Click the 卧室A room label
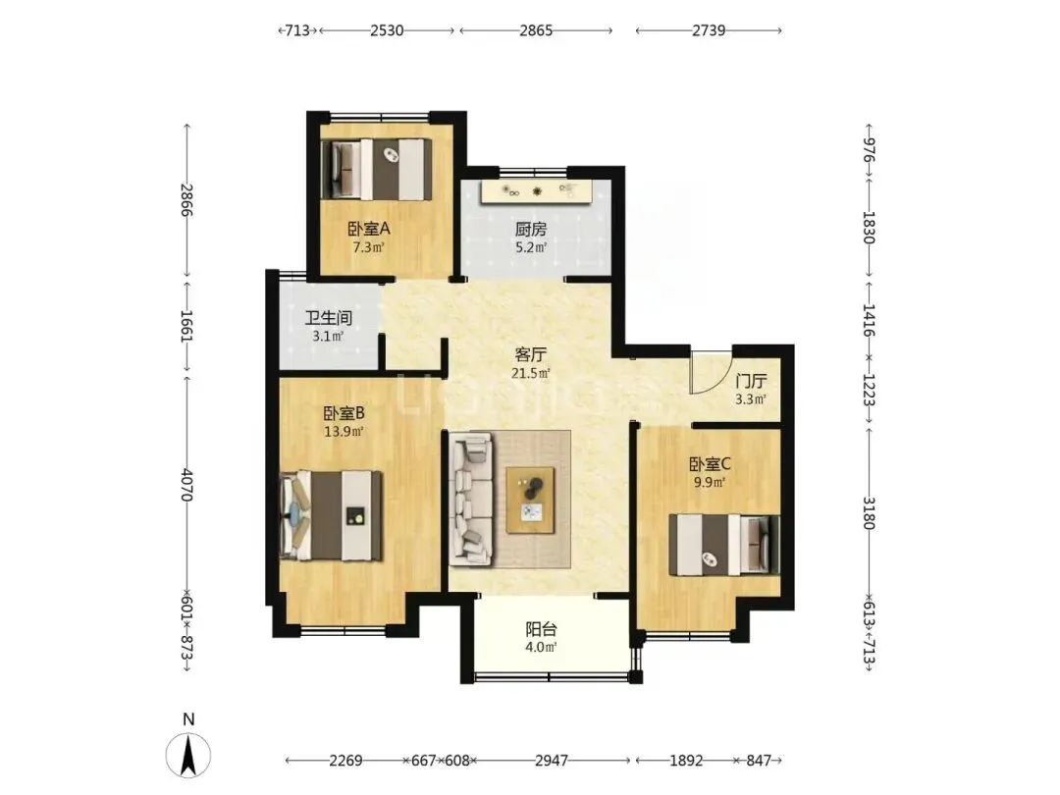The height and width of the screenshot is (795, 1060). [368, 229]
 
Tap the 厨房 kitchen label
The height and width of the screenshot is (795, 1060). [531, 230]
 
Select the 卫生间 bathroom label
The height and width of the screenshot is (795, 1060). [328, 318]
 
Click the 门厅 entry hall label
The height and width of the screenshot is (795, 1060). [751, 381]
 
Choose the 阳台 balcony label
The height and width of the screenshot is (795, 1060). [542, 629]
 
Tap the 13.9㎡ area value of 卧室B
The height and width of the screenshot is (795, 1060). [344, 431]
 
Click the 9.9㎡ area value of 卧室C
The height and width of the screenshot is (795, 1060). [710, 482]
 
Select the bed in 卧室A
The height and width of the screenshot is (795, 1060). [377, 169]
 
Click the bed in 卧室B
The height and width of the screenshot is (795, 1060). [332, 516]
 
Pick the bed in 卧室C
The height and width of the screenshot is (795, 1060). [724, 545]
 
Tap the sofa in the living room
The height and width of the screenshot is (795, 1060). [471, 499]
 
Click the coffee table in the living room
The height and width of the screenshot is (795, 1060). [531, 500]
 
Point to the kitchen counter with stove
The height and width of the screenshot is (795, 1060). [537, 191]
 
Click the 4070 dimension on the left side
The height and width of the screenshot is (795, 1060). [187, 485]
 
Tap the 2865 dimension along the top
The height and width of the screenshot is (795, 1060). [536, 30]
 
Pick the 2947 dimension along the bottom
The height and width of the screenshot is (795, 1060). [552, 761]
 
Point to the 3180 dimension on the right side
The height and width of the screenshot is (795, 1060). [870, 513]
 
